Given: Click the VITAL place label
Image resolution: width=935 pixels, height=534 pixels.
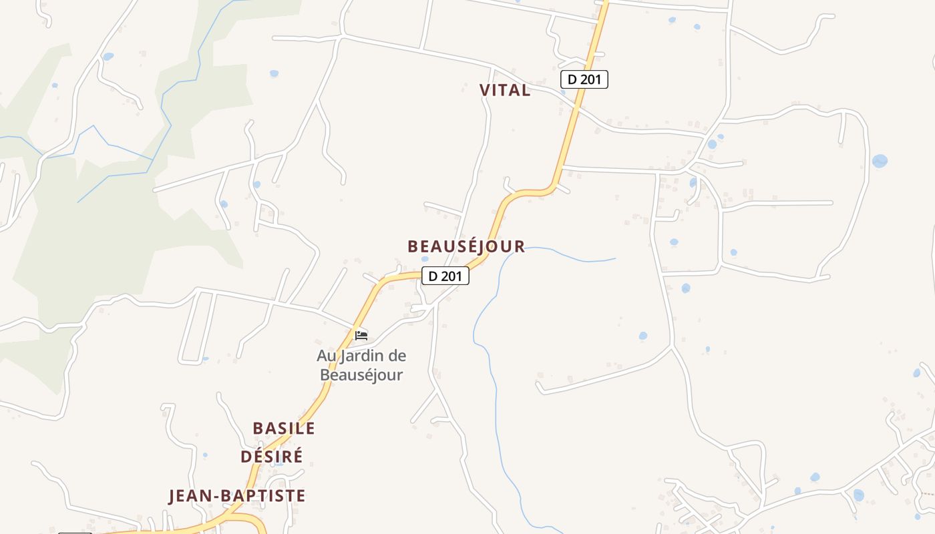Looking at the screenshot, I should [x=505, y=90].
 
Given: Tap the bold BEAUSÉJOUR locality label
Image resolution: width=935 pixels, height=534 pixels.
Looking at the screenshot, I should [x=466, y=246].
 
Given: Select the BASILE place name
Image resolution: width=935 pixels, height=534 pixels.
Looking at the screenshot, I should [x=283, y=428].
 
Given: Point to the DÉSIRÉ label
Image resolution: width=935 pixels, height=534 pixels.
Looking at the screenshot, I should [x=271, y=456].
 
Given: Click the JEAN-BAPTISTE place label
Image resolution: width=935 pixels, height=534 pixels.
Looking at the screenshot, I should [x=236, y=496].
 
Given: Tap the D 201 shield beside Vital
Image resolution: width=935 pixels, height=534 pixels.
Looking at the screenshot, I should [x=584, y=79].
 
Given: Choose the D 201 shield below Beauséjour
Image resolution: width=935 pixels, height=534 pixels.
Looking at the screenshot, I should [x=445, y=276].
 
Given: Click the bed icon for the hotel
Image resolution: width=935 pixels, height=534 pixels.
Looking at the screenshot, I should [x=361, y=335].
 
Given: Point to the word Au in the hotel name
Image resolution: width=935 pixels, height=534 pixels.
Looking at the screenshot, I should [x=325, y=356].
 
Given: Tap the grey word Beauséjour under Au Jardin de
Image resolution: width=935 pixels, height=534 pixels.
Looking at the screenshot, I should [x=361, y=374].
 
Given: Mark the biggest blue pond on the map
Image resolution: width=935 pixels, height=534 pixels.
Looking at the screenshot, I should [x=880, y=161].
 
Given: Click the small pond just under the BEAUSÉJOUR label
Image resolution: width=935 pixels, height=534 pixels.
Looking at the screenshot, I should [x=425, y=259].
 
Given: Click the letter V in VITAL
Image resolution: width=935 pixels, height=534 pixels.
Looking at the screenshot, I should [x=485, y=90].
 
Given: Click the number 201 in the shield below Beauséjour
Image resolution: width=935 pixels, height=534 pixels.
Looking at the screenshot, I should [x=451, y=276].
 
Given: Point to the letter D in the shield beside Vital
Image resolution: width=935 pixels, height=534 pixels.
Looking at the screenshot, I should [x=572, y=79].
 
